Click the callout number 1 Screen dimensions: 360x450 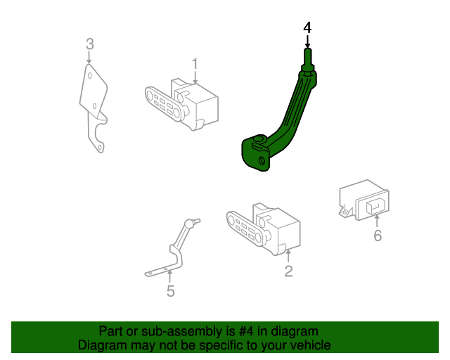point(195,64)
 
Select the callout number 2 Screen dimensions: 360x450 point(288,271)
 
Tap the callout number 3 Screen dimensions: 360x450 point(89,44)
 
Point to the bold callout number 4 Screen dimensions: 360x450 point(307,27)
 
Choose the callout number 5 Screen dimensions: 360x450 point(170,291)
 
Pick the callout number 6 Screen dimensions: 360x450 point(378,236)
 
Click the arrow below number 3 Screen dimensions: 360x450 point(89,58)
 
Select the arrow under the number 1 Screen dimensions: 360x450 point(195,78)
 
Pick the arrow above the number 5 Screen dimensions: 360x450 point(170,277)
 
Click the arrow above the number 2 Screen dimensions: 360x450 point(288,255)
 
